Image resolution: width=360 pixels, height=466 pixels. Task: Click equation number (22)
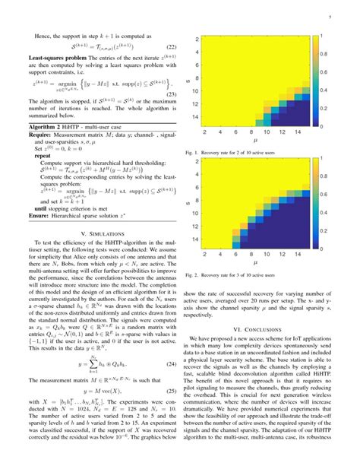[x=172, y=46]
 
